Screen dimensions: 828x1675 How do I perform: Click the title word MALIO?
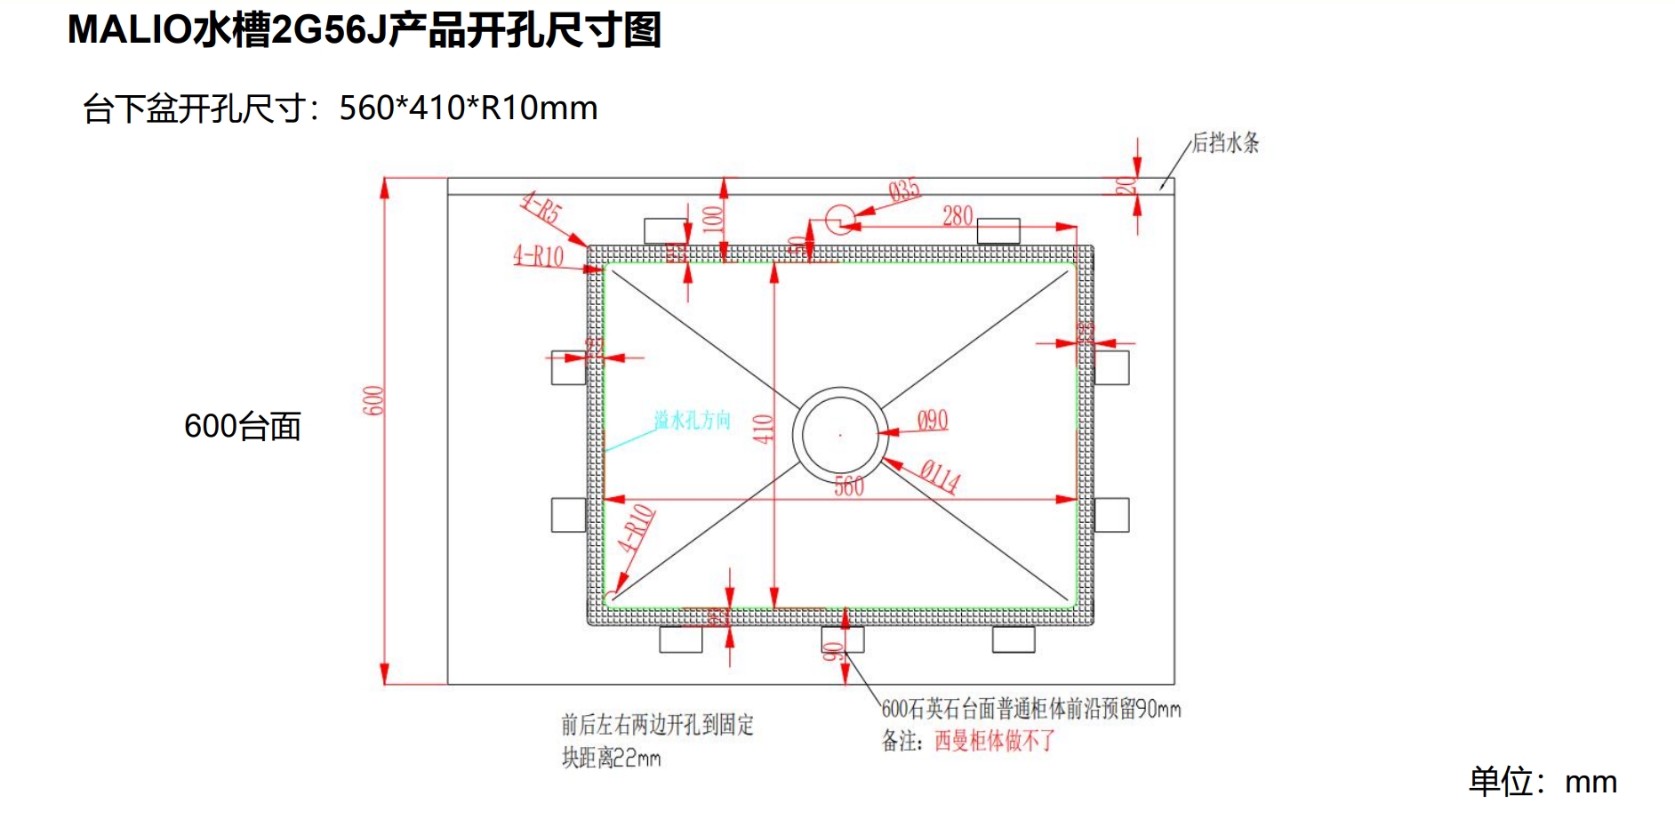click(129, 30)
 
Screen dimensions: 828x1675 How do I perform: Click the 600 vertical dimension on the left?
click(373, 400)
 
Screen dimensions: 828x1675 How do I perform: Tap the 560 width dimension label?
click(849, 486)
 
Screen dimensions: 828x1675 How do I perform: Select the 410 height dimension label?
click(763, 429)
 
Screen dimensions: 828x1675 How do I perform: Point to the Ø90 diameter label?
click(932, 421)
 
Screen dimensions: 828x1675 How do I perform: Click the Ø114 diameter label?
click(940, 476)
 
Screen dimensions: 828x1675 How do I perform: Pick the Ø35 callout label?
click(904, 190)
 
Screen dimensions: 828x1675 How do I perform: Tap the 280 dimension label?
click(958, 216)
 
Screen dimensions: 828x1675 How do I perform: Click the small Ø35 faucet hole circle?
click(839, 218)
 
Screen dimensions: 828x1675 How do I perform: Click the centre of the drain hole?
click(840, 435)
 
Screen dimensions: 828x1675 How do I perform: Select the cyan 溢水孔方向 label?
click(692, 420)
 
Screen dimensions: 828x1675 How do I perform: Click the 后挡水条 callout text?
click(1225, 142)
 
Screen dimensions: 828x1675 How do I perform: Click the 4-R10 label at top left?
click(539, 257)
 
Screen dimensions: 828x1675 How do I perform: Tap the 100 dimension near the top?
click(713, 219)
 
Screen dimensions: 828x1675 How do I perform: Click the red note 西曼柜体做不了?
click(994, 741)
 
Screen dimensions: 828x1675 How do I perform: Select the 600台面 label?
click(242, 427)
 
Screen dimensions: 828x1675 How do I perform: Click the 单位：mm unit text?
click(1542, 782)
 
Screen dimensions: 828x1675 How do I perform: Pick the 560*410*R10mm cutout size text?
click(468, 109)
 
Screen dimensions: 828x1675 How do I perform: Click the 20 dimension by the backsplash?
click(1126, 185)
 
